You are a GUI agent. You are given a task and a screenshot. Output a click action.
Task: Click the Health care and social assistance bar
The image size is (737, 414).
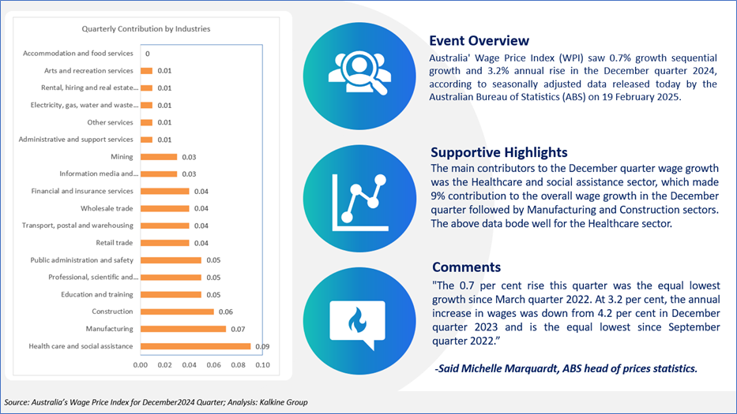[196, 346]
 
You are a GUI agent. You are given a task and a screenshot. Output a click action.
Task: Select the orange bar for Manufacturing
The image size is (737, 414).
[183, 329]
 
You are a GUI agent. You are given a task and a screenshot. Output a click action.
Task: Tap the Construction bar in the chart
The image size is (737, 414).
[177, 311]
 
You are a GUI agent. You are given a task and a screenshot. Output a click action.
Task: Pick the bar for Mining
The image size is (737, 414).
[159, 157]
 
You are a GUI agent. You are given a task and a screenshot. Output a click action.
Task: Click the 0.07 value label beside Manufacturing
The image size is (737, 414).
[238, 329]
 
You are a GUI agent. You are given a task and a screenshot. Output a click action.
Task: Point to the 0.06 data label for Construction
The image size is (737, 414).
[226, 311]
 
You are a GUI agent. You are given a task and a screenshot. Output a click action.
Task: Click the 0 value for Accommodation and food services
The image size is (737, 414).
[148, 54]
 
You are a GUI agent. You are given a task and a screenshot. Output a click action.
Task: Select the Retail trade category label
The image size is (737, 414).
[115, 243]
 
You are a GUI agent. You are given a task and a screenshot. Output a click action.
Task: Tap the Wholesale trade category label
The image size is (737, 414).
[107, 208]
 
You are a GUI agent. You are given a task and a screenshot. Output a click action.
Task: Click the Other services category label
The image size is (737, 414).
[110, 122]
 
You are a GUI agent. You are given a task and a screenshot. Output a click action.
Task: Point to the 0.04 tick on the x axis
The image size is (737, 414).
[190, 365]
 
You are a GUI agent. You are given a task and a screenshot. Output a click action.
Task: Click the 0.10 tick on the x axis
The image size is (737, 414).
[263, 365]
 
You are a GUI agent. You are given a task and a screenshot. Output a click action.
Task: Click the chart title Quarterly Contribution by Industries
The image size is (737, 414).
[146, 29]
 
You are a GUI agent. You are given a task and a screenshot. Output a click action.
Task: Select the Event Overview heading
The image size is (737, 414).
[479, 41]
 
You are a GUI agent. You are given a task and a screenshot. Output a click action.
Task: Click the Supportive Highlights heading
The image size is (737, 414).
[499, 152]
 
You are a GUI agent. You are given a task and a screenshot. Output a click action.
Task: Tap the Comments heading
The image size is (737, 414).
[466, 267]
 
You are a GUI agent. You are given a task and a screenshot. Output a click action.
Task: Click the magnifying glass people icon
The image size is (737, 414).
[359, 73]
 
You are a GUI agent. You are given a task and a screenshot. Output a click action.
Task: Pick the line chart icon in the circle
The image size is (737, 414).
[360, 203]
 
